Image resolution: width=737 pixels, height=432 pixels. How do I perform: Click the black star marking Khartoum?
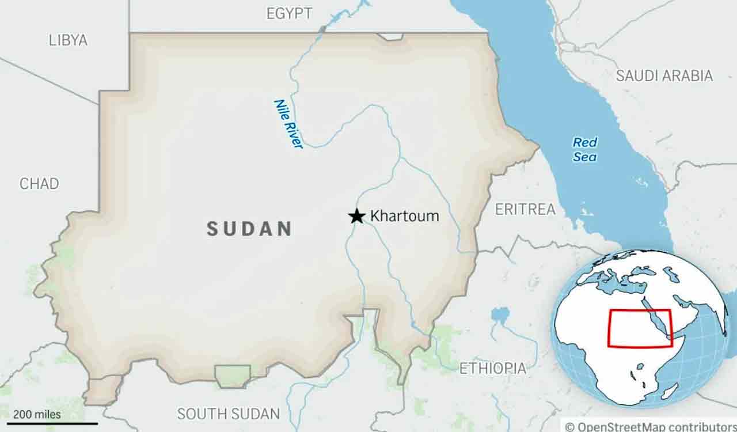click(357, 216)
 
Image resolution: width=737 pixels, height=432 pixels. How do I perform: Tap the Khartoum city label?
click(404, 216)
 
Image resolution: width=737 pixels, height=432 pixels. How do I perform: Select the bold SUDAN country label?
click(249, 229)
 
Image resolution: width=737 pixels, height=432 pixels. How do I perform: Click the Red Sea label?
click(584, 149)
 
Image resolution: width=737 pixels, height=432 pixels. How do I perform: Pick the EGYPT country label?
click(289, 13)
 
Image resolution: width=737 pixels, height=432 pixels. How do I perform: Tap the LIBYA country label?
click(68, 40)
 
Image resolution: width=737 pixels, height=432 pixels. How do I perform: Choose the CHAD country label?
click(39, 184)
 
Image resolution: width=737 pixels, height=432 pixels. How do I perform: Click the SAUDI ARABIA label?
click(664, 75)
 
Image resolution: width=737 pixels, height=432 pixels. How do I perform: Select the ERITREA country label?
click(525, 209)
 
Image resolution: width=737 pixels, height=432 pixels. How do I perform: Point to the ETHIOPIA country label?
click(492, 368)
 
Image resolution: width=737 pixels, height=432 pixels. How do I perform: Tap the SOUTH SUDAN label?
click(228, 414)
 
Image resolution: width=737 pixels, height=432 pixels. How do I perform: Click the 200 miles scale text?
click(37, 414)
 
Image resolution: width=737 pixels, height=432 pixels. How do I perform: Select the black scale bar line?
click(52, 423)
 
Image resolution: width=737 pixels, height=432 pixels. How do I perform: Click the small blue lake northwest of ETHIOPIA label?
click(500, 315)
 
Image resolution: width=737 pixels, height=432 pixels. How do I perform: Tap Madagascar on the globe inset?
click(669, 392)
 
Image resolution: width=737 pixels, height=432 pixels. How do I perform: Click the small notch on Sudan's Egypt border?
click(390, 36)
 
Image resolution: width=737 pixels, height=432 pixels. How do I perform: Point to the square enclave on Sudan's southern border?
click(232, 376)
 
